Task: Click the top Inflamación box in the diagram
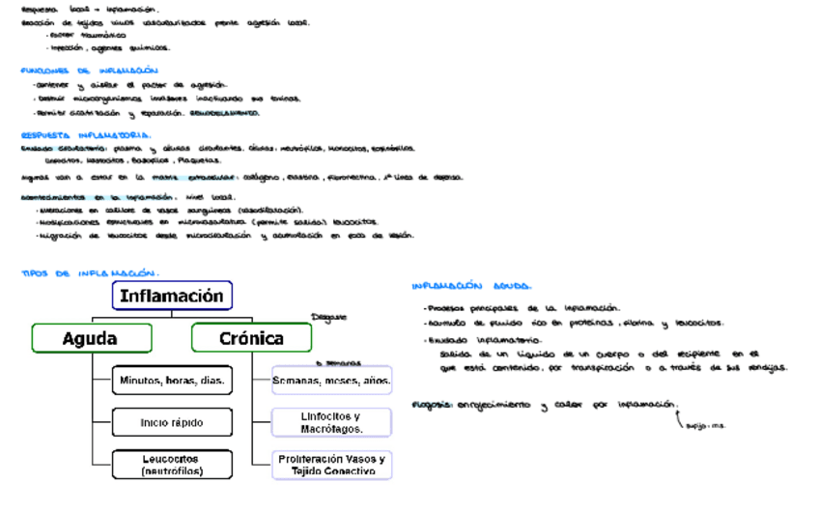coord(172,296)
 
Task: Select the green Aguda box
coord(91,338)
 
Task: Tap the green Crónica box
coord(251,338)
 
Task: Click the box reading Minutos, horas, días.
coord(172,381)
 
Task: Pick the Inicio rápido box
coord(172,422)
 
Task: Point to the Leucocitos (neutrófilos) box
coord(172,465)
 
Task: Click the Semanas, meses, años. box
coord(331,381)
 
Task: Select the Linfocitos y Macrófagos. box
coord(331,422)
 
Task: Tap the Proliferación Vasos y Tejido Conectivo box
coord(331,465)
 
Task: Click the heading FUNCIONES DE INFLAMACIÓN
coord(89,71)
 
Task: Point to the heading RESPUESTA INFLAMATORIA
coord(85,135)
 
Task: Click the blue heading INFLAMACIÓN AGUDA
coord(470,286)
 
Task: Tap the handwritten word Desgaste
coord(328,316)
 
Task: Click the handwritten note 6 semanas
coord(338,363)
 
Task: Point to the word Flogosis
coord(432,405)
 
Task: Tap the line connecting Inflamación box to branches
coord(172,314)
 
